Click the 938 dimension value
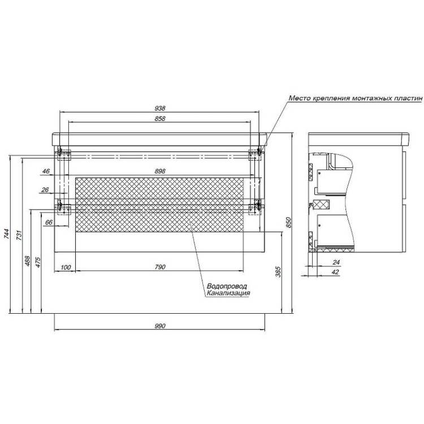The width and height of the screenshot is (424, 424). click(x=160, y=109)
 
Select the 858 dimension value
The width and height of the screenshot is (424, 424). click(x=160, y=119)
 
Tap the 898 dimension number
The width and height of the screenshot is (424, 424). click(x=160, y=171)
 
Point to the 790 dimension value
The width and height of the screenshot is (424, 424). click(x=160, y=267)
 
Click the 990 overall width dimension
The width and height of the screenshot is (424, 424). click(x=160, y=326)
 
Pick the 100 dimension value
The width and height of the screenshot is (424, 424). click(x=66, y=267)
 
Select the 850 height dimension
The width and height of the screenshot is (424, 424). click(x=288, y=222)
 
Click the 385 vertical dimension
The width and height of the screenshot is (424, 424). click(x=278, y=272)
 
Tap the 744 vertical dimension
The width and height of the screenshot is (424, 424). click(x=6, y=234)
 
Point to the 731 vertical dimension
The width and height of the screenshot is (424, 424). click(x=19, y=235)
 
